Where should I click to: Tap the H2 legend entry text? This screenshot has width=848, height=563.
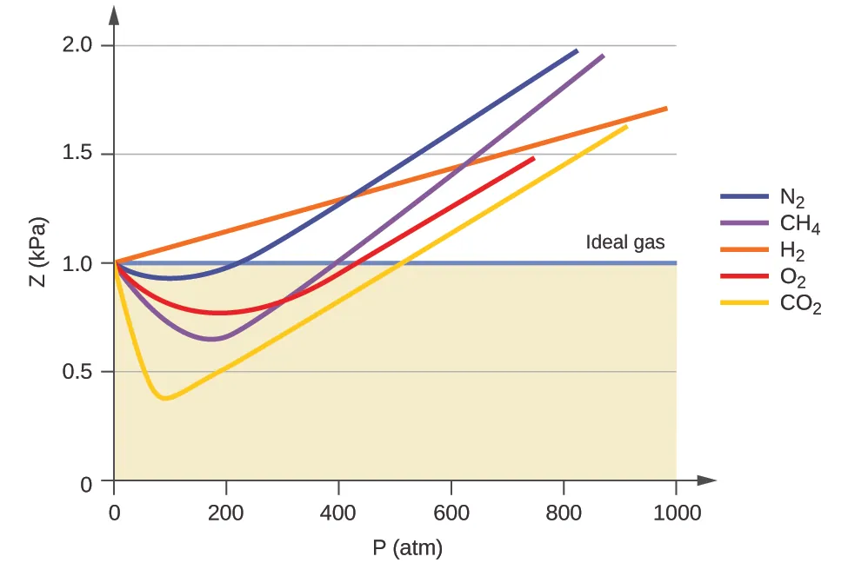(792, 252)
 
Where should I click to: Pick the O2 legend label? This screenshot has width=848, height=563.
(793, 279)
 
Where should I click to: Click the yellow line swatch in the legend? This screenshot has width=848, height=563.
(744, 303)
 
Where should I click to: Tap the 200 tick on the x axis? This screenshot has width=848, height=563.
(226, 513)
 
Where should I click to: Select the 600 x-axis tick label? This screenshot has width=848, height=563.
(451, 513)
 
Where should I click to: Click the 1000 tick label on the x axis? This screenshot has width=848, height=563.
(676, 513)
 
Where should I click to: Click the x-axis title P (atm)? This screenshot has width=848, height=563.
(406, 548)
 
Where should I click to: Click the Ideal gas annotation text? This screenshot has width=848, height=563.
(625, 242)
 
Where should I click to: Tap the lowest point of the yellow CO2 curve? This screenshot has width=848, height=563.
(164, 398)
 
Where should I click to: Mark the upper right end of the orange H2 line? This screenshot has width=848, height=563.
(666, 108)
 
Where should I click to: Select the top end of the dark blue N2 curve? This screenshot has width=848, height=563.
(577, 50)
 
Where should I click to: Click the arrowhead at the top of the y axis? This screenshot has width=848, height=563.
(114, 12)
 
